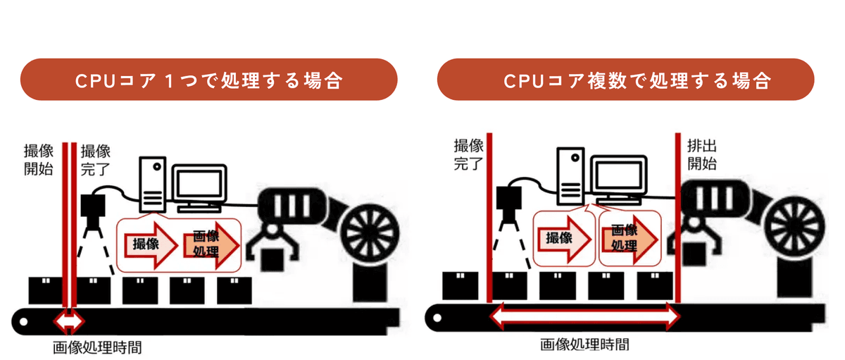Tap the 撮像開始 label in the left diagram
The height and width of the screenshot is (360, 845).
click(38, 161)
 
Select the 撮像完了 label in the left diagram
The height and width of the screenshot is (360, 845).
click(96, 161)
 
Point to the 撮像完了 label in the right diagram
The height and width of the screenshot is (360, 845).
click(467, 156)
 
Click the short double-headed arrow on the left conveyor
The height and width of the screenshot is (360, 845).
click(69, 322)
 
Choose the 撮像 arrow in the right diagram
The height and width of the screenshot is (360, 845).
click(562, 238)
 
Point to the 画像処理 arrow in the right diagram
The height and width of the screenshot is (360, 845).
click(627, 238)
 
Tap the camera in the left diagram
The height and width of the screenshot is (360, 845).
click(92, 206)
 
